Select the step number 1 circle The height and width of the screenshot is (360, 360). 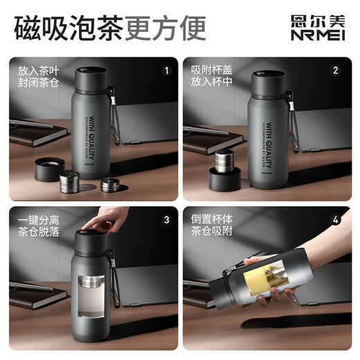[x=166, y=70]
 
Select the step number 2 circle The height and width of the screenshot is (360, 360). [x=335, y=70]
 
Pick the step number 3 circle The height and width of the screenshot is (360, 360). [x=166, y=220]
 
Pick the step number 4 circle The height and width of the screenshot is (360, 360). [x=335, y=220]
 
